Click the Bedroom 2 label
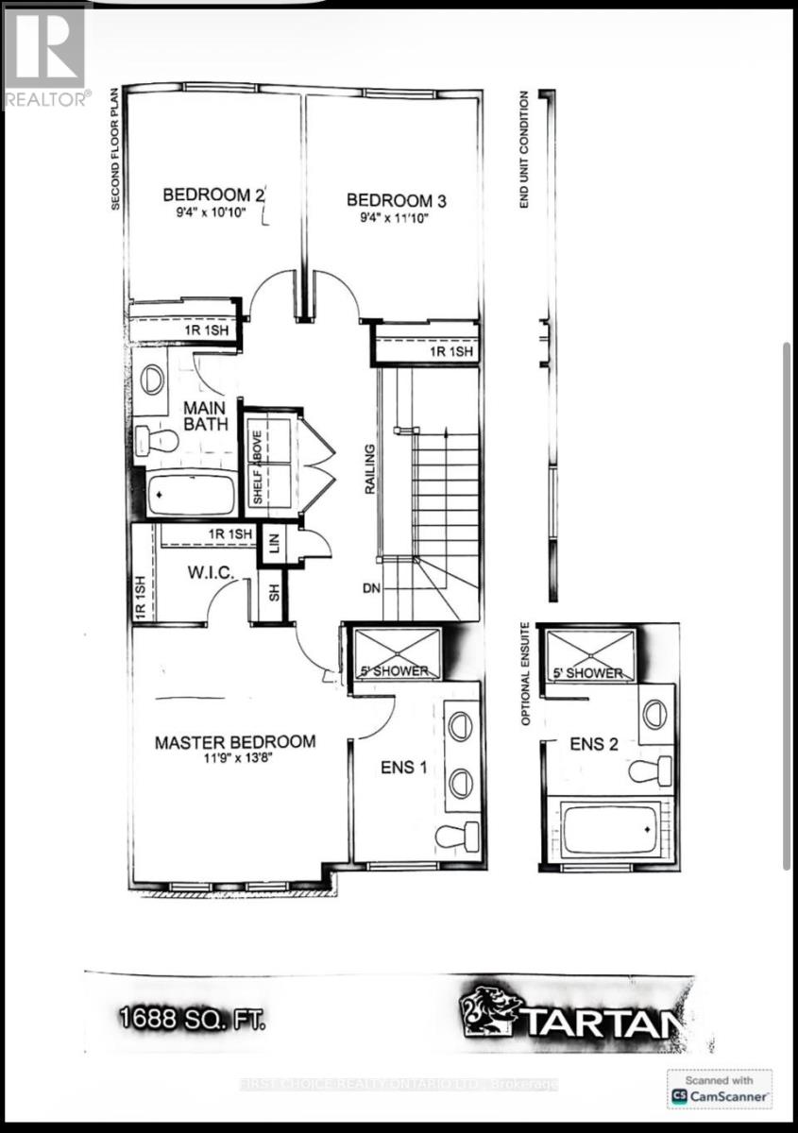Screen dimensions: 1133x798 pyautogui.click(x=213, y=195)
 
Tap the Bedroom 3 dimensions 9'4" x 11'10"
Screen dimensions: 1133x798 pyautogui.click(x=396, y=218)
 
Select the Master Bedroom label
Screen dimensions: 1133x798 pyautogui.click(x=235, y=741)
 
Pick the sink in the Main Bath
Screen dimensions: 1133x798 pyautogui.click(x=151, y=380)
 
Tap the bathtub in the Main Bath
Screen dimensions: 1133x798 pyautogui.click(x=192, y=494)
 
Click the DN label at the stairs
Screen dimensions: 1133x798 pyautogui.click(x=371, y=587)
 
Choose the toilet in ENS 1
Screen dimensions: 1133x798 pyautogui.click(x=459, y=835)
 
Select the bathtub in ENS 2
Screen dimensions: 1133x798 pyautogui.click(x=609, y=828)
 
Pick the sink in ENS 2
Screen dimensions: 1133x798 pyautogui.click(x=654, y=713)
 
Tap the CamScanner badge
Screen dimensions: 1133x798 pyautogui.click(x=720, y=1089)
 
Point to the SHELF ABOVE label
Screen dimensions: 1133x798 pyautogui.click(x=256, y=462)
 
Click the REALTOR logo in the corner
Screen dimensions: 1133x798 pyautogui.click(x=47, y=55)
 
